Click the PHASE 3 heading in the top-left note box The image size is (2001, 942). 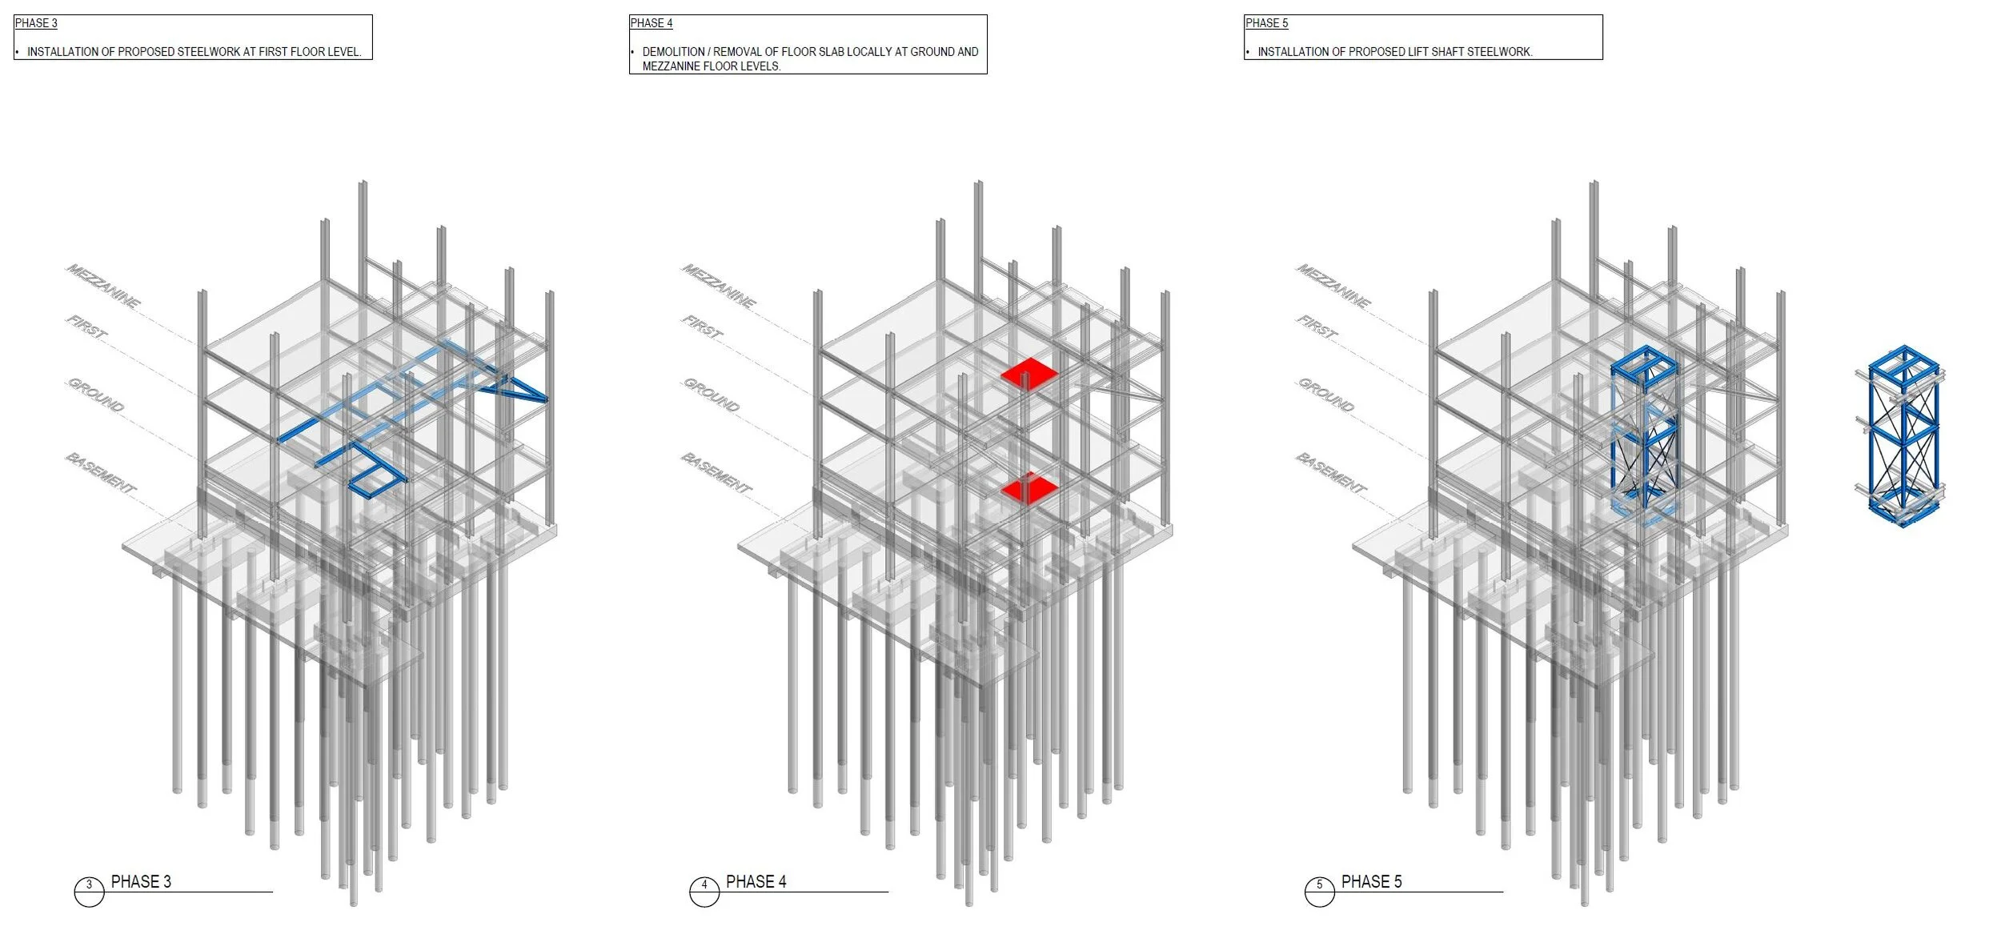(x=36, y=23)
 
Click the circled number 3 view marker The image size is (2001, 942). (x=89, y=885)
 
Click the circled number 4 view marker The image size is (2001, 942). (x=704, y=885)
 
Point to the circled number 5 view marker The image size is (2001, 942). (x=1319, y=885)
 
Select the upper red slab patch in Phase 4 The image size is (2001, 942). (x=1029, y=374)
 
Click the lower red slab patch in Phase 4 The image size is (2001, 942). (x=1029, y=488)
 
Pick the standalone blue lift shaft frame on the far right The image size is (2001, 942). (x=1903, y=436)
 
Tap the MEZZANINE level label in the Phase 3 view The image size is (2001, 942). (x=103, y=286)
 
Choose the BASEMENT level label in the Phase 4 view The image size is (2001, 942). (x=716, y=473)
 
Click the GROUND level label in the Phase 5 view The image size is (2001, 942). (x=1325, y=395)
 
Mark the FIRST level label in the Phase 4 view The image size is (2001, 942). (x=702, y=327)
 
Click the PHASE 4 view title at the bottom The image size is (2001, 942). (x=756, y=882)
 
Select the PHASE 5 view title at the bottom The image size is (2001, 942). (x=1371, y=882)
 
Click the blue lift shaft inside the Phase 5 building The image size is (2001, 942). (x=1644, y=432)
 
